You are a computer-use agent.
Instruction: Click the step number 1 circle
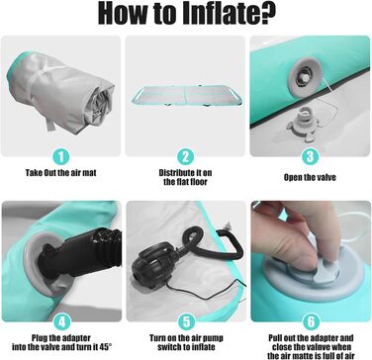[61, 156]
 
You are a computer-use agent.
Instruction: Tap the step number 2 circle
[185, 157]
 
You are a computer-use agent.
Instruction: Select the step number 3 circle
[310, 156]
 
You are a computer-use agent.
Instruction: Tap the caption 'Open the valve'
[310, 177]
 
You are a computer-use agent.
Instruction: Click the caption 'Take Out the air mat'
[61, 173]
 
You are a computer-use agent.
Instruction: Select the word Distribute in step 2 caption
[177, 173]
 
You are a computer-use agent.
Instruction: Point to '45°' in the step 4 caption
[105, 347]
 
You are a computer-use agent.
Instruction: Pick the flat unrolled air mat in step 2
[185, 95]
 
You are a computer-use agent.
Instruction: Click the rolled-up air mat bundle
[61, 92]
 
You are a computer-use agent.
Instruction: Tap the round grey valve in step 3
[303, 77]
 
